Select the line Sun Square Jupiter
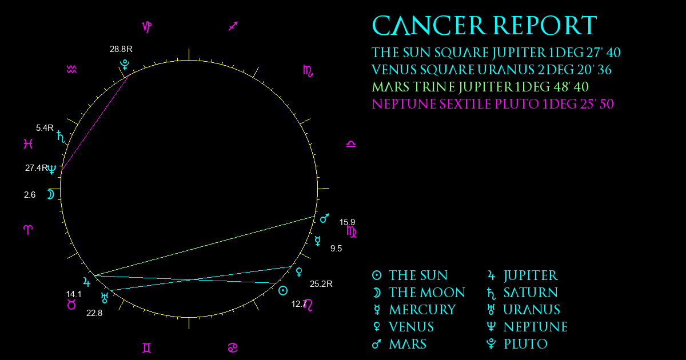click(x=496, y=53)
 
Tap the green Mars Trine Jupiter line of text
click(x=480, y=87)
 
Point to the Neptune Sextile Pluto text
click(x=493, y=104)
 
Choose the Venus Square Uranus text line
click(x=492, y=70)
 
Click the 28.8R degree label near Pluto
click(x=121, y=49)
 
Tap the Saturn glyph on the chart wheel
click(x=61, y=137)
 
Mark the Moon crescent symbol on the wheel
click(x=50, y=194)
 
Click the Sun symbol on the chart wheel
click(x=282, y=290)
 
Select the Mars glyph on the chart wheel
click(x=325, y=218)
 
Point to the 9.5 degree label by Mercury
click(x=336, y=249)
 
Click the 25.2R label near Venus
click(x=321, y=284)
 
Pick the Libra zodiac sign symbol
click(x=351, y=144)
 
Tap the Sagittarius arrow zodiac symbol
click(x=233, y=26)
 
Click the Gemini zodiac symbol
click(x=147, y=348)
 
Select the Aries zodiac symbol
click(x=28, y=230)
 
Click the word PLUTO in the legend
click(x=525, y=344)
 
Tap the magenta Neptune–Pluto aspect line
click(x=95, y=122)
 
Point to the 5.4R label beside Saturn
click(x=45, y=128)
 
